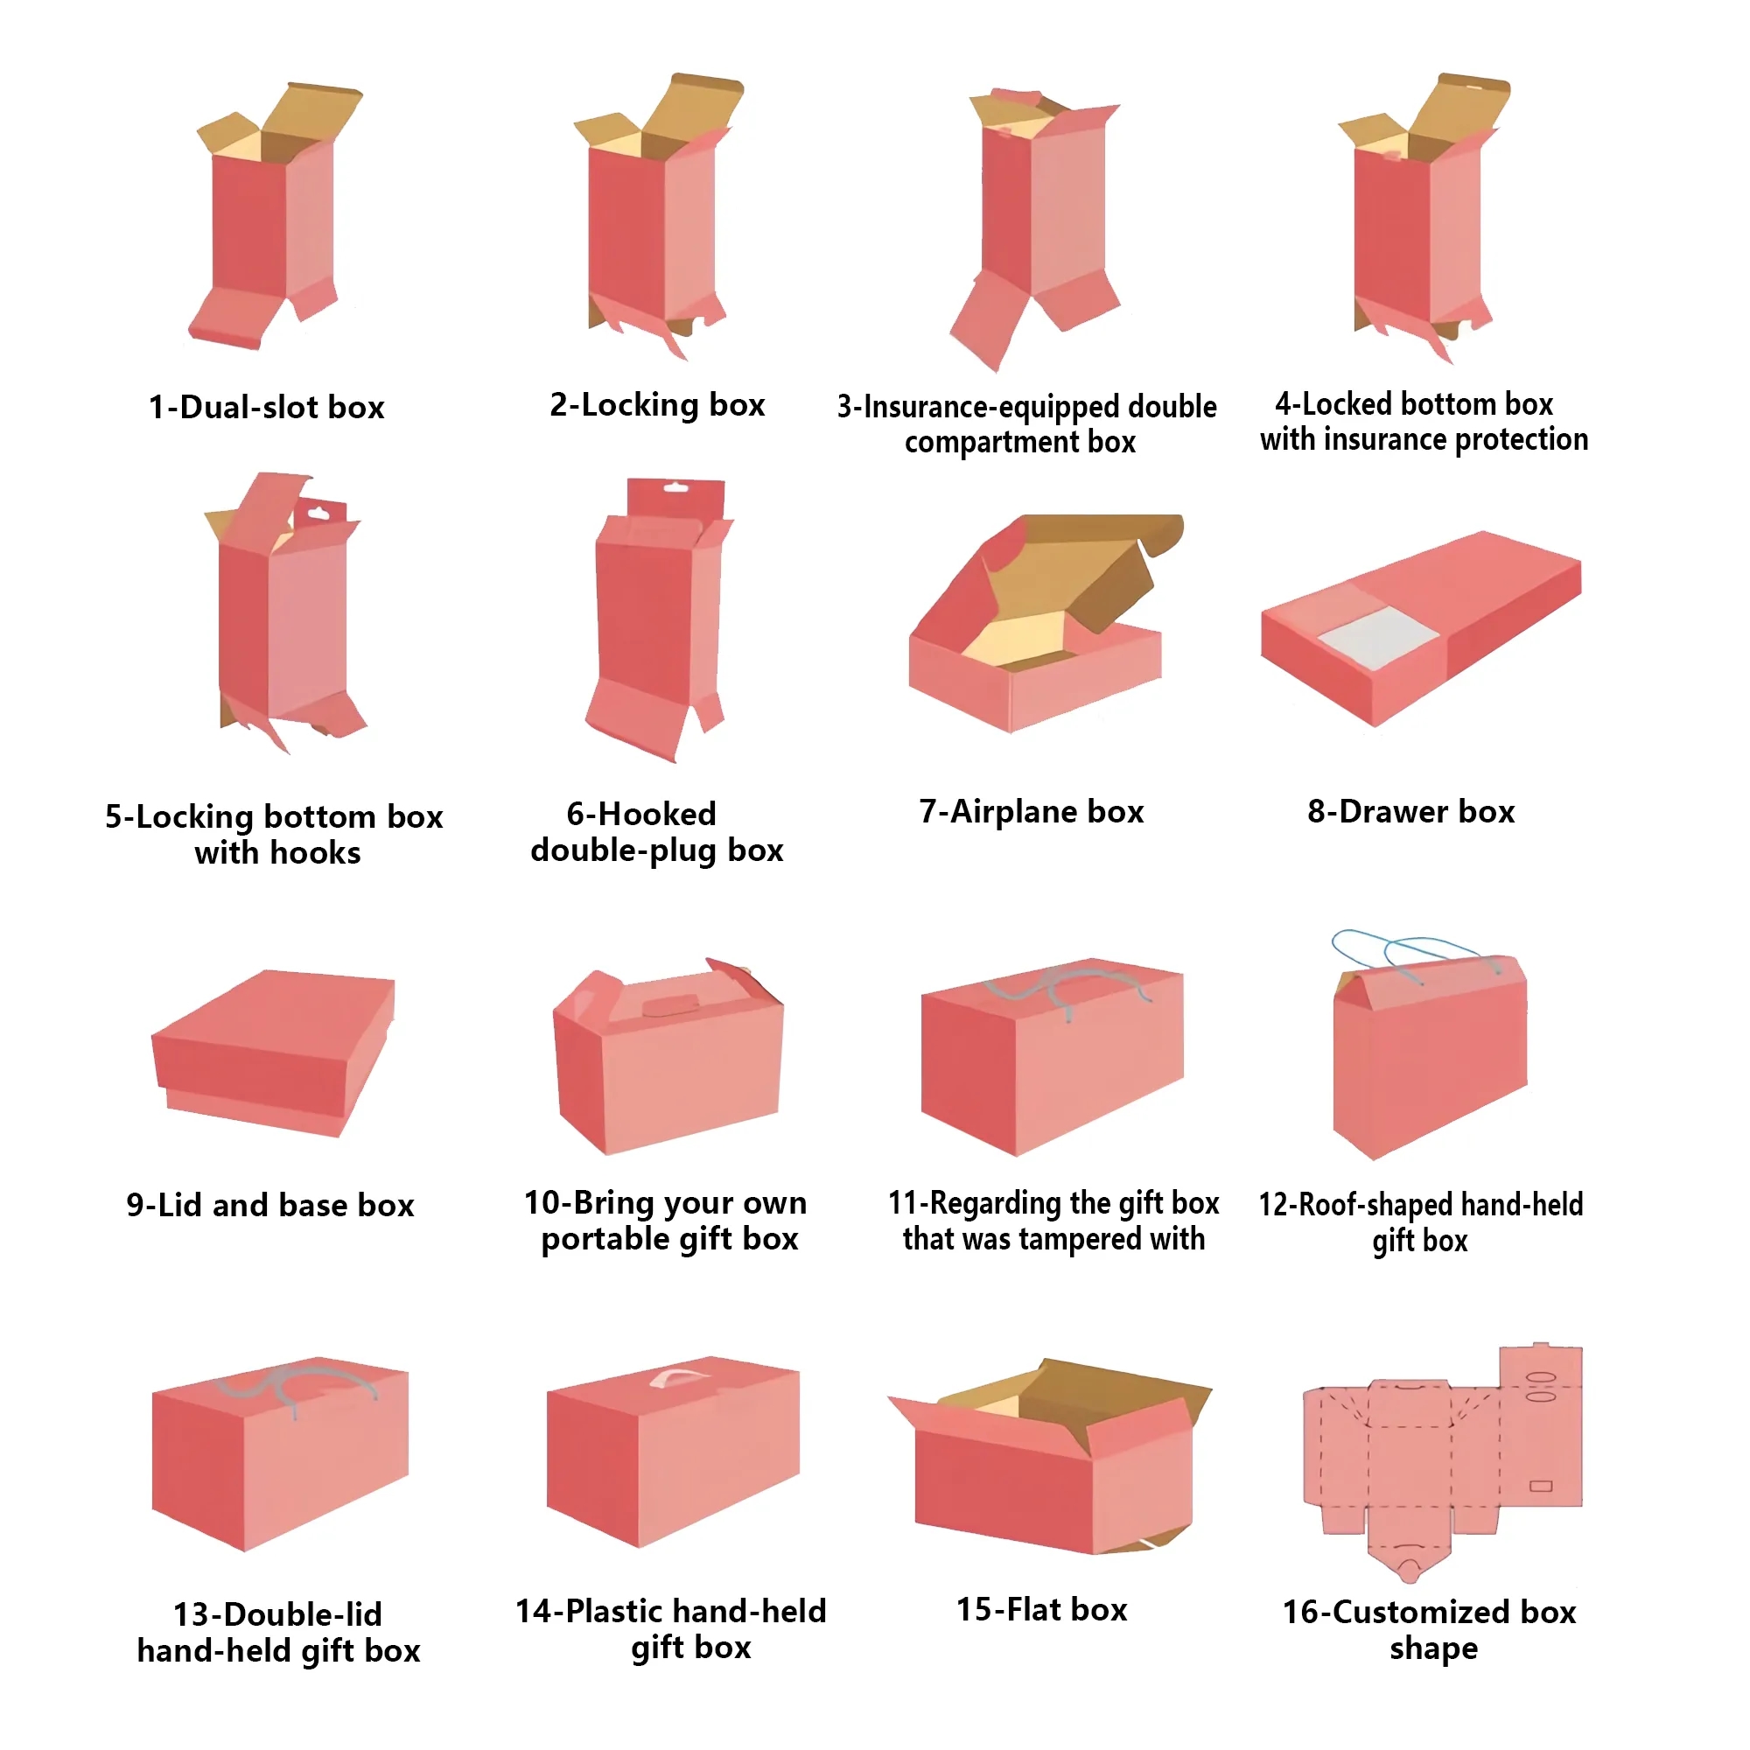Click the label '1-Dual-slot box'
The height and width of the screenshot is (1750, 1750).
(x=266, y=408)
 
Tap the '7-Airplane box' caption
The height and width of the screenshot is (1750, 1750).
(x=1032, y=812)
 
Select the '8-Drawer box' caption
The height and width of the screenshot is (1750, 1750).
(x=1411, y=812)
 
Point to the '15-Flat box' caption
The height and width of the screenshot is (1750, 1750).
(x=1041, y=1610)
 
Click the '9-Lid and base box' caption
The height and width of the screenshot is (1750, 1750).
(x=269, y=1206)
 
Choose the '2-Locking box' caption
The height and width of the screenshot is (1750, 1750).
(x=658, y=405)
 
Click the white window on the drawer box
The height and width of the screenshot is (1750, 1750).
(x=1379, y=637)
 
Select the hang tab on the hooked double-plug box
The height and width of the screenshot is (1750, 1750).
(x=675, y=497)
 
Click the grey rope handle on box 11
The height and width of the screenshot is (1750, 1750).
(x=1069, y=986)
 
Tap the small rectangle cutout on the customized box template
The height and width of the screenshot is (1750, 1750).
(x=1541, y=1487)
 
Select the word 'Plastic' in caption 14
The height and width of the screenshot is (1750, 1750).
(x=613, y=1612)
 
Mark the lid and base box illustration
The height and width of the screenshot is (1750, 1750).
(x=273, y=1053)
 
